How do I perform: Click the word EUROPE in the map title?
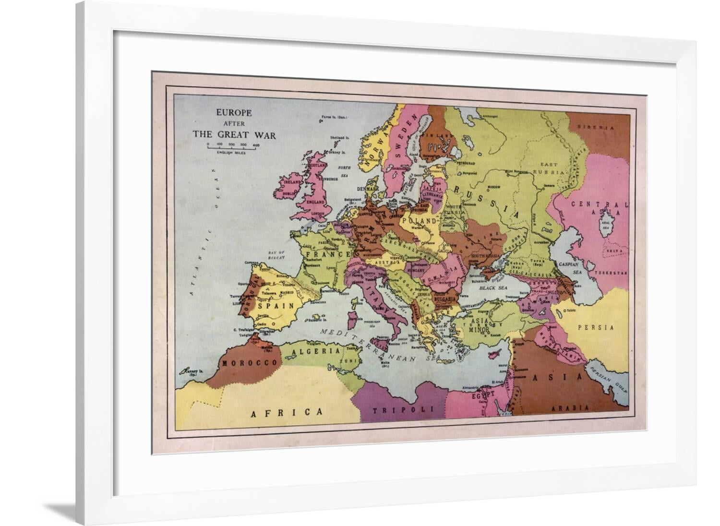coord(234,114)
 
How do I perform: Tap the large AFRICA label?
coord(287,412)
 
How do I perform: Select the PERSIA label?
coord(596,327)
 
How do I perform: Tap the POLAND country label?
coord(421,221)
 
